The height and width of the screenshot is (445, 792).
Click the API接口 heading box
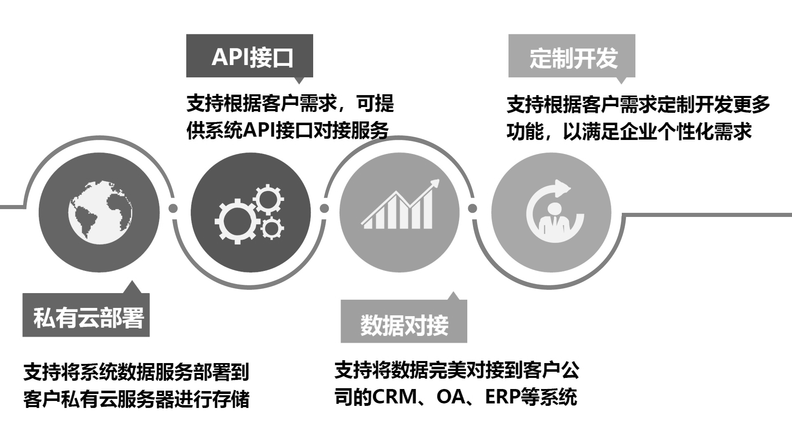tap(249, 56)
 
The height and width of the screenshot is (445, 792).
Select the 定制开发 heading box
tap(572, 56)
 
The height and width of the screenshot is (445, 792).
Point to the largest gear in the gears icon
tap(237, 221)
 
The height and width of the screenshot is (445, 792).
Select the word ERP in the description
tap(502, 396)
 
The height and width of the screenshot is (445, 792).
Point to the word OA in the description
tap(450, 396)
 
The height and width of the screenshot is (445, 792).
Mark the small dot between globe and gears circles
tap(173, 208)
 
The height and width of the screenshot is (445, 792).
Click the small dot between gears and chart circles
tap(324, 208)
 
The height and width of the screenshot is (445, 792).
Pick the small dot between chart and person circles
tap(473, 208)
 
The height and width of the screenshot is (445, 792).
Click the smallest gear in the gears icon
tap(272, 228)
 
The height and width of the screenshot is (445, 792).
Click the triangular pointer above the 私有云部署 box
tap(132, 287)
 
